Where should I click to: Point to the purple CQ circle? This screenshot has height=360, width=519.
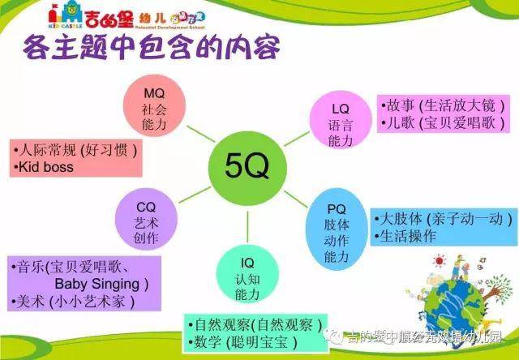point(148,221)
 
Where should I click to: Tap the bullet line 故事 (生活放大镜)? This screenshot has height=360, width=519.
point(444,106)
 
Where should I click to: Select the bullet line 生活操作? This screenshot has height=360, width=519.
point(408,236)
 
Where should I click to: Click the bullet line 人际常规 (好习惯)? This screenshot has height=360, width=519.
point(75,150)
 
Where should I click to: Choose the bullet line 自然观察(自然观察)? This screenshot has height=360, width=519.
point(255,323)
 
